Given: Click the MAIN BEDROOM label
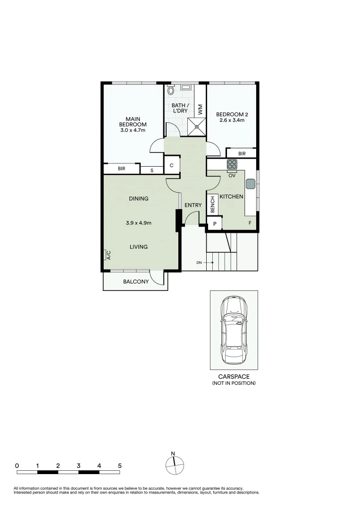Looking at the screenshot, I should point(133,124).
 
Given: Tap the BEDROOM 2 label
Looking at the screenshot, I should point(232,117).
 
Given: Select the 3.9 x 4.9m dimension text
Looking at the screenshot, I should point(138,223).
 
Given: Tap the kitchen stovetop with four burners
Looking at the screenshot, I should point(232,165).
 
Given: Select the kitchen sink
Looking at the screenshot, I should point(250,184).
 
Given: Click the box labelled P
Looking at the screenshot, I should point(214,224).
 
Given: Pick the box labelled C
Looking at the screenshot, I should point(172,165).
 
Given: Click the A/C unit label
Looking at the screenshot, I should point(108,255).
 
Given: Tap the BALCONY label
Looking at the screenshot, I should point(136,282).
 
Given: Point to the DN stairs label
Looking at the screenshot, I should point(200,263).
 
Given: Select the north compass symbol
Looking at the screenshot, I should point(174,465).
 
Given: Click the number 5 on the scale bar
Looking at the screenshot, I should point(119,466).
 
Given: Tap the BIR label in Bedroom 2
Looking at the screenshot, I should point(242,153).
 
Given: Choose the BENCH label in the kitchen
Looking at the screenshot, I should point(213,204).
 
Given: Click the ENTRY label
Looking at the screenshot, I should point(193,205).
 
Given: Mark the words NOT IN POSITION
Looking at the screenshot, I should point(234,383).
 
